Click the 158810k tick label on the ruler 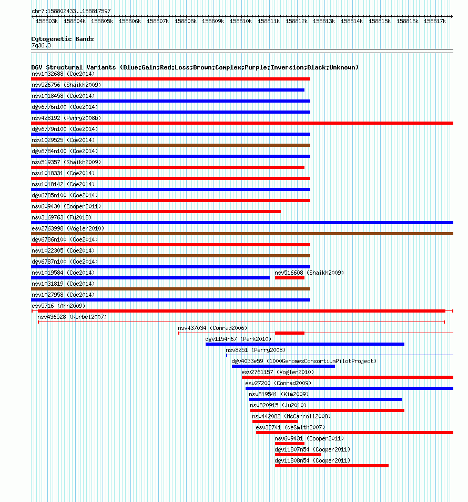[x=241, y=22]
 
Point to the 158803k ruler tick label [x=47, y=22]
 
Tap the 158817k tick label [x=435, y=22]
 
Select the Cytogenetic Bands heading [x=63, y=39]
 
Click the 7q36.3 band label [x=41, y=45]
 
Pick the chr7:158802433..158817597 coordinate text [x=71, y=11]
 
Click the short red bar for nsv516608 [x=290, y=278]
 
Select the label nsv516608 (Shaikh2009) [x=309, y=273]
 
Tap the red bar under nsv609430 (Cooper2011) [x=156, y=212]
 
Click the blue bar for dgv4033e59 [x=283, y=366]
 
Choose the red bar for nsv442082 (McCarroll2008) [x=275, y=421]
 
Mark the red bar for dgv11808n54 [x=332, y=466]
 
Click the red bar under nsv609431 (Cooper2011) [x=290, y=444]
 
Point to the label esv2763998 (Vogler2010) [x=68, y=228]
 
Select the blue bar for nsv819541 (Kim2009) [x=325, y=399]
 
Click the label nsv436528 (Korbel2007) [x=72, y=317]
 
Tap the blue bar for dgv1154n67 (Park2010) [x=305, y=344]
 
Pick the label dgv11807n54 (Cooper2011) [x=312, y=449]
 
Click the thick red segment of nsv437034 [x=290, y=333]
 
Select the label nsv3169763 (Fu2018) [x=62, y=217]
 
